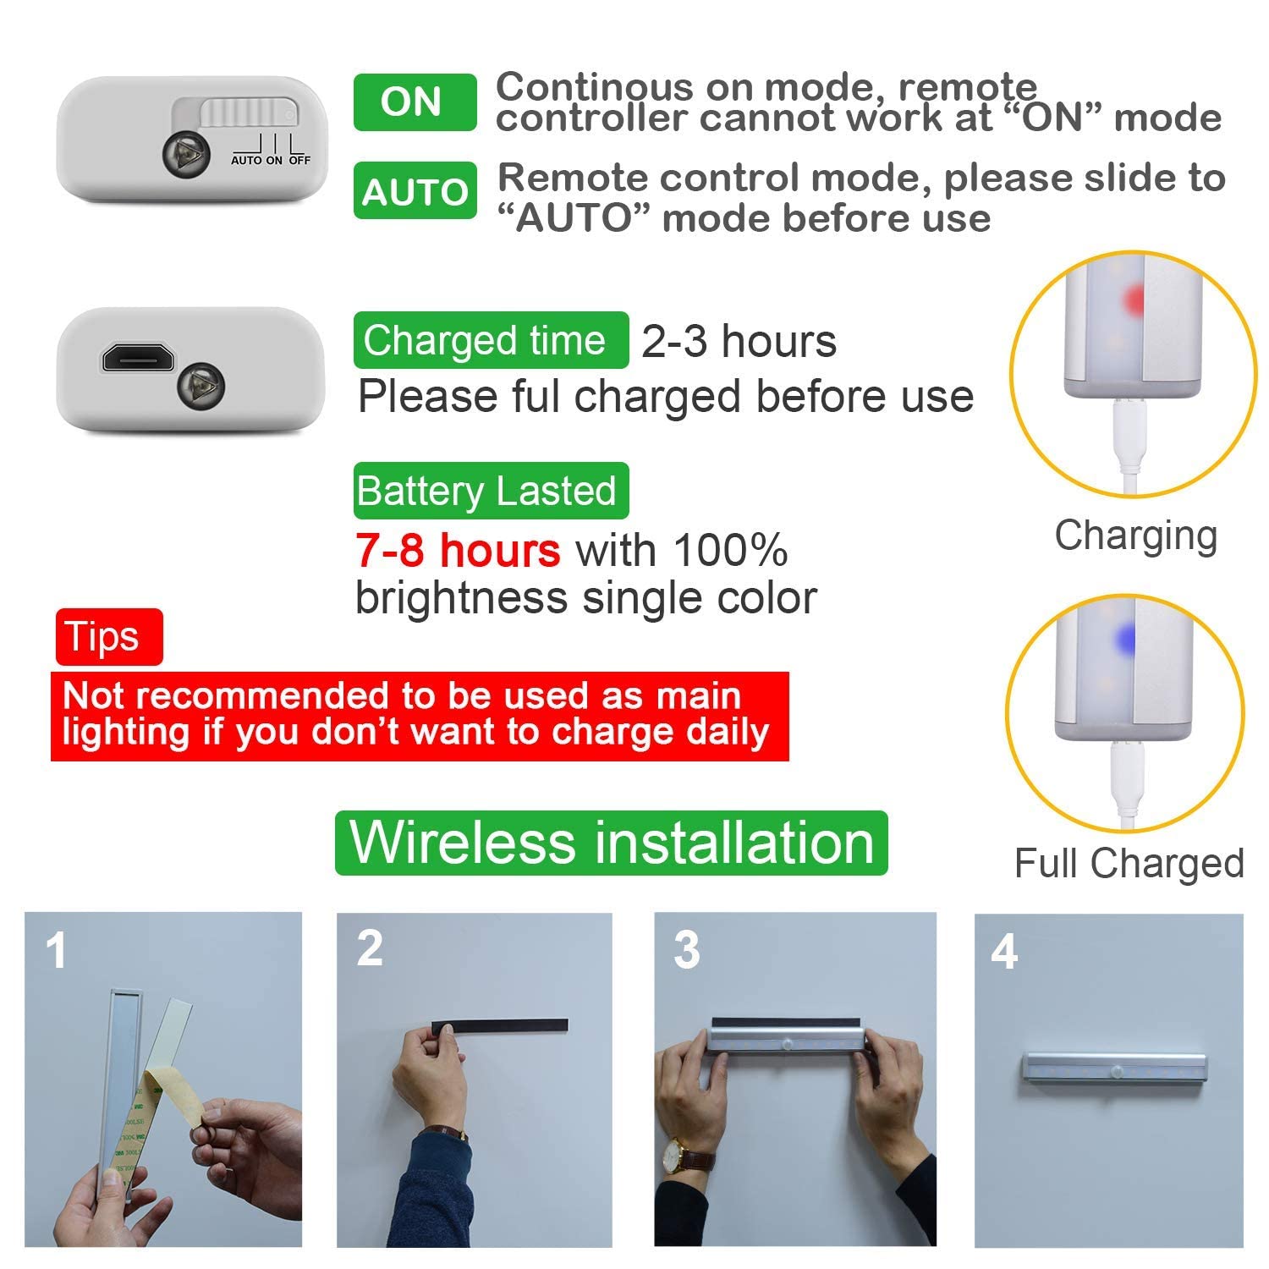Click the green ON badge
coord(415,102)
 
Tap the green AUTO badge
coord(415,191)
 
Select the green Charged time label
coord(491,340)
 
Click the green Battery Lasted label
coord(491,491)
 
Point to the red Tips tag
coord(108,636)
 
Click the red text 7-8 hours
coord(458,551)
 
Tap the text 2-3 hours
coord(739,342)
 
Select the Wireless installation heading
coord(611,843)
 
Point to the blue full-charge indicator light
coord(1125,640)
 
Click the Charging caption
coord(1135,536)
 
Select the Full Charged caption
coord(1129,864)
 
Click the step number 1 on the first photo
coord(56,951)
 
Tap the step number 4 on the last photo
coord(1003,952)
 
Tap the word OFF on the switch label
coord(299,160)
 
